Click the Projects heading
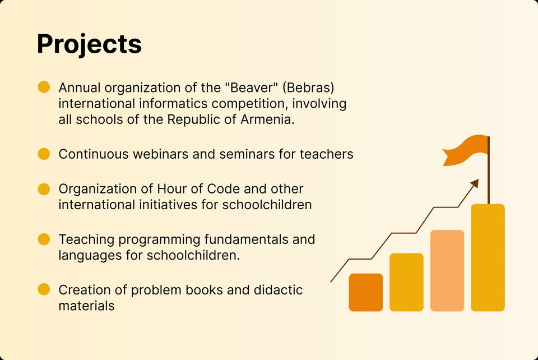pyautogui.click(x=89, y=44)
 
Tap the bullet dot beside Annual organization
pyautogui.click(x=44, y=87)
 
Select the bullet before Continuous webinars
pyautogui.click(x=44, y=154)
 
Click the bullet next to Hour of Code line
pyautogui.click(x=44, y=189)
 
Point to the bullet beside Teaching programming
pyautogui.click(x=44, y=239)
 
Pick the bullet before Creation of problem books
pyautogui.click(x=44, y=289)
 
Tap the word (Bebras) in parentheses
pyautogui.click(x=308, y=87)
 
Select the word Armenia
pyautogui.click(x=268, y=119)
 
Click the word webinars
pyautogui.click(x=161, y=154)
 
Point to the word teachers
pyautogui.click(x=326, y=154)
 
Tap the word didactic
pyautogui.click(x=279, y=290)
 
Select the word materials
pyautogui.click(x=86, y=306)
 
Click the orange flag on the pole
pyautogui.click(x=466, y=150)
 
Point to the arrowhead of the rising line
pyautogui.click(x=475, y=183)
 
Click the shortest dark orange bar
pyautogui.click(x=366, y=292)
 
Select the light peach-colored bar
pyautogui.click(x=447, y=271)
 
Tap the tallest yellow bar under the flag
pyautogui.click(x=488, y=258)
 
